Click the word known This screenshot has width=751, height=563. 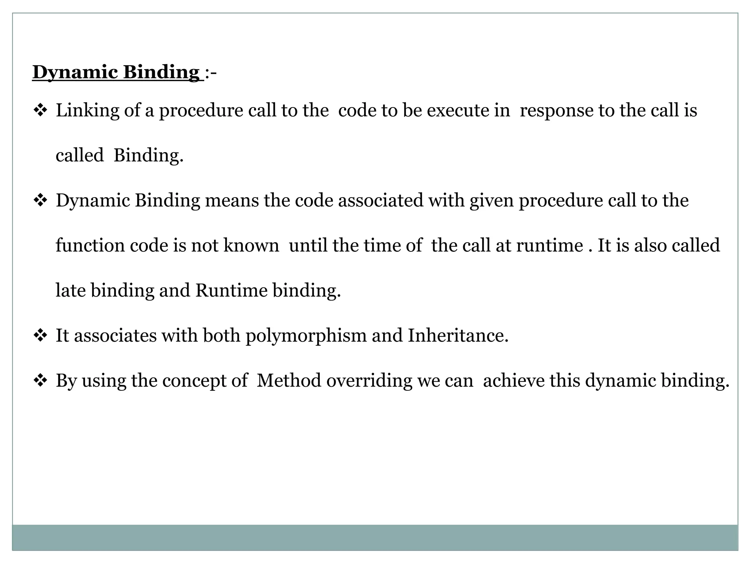coord(251,245)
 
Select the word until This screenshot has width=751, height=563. coord(308,245)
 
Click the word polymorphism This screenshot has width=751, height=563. coord(306,335)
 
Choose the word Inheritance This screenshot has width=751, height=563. coord(458,335)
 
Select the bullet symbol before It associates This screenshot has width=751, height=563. coord(39,335)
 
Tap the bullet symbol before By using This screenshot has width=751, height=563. coord(39,380)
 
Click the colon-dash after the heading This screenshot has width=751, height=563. coord(211,73)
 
